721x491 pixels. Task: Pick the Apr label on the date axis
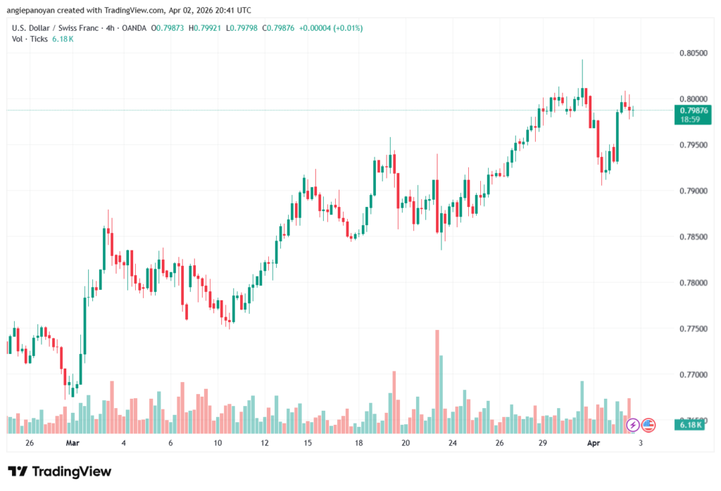click(594, 443)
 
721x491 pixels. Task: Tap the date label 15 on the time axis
click(308, 443)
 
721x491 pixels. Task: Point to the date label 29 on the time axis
click(543, 443)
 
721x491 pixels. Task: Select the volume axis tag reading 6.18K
click(690, 425)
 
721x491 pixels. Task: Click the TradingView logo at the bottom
click(59, 471)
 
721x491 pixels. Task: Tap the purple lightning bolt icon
click(633, 425)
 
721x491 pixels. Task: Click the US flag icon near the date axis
click(648, 425)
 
